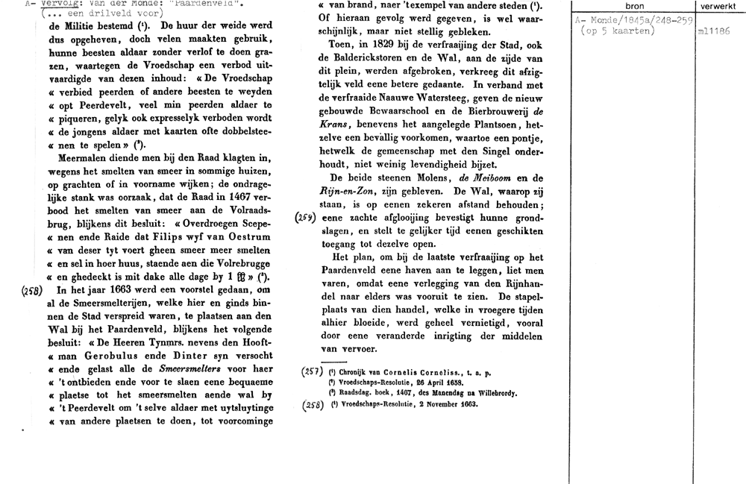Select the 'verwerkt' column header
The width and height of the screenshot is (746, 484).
718,6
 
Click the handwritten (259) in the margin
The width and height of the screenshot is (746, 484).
306,217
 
